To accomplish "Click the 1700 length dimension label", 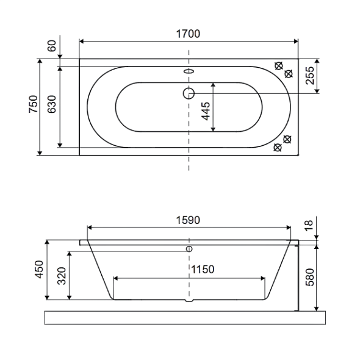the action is click(188, 34).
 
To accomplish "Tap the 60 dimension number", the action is click(52, 46).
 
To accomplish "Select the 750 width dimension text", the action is click(34, 104).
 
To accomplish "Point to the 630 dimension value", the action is click(52, 104).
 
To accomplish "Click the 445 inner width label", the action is click(206, 111).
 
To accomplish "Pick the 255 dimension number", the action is click(310, 75).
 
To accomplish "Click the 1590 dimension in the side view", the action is click(188, 220).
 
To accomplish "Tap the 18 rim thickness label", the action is click(309, 225).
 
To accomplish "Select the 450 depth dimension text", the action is click(39, 269).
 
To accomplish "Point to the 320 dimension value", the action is click(62, 276).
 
